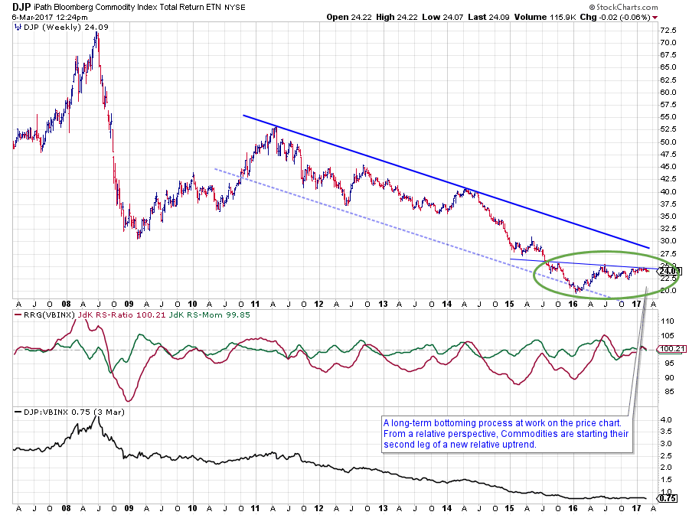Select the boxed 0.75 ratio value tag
(666, 498)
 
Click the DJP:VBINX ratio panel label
(39, 412)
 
